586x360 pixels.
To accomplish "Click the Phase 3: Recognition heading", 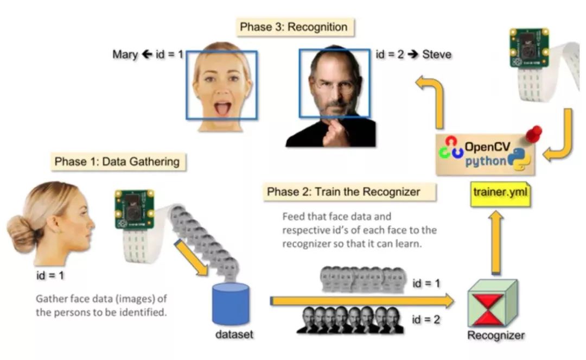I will coord(294,27).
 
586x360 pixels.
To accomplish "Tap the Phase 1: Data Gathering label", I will coord(117,161).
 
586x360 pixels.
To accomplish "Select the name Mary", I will coord(125,54).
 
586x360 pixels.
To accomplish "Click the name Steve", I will coord(437,54).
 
